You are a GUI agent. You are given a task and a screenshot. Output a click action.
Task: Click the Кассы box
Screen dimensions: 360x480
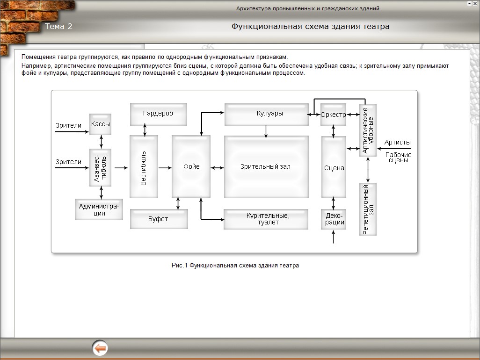click(x=101, y=124)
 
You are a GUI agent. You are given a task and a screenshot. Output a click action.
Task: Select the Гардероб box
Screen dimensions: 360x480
click(x=158, y=114)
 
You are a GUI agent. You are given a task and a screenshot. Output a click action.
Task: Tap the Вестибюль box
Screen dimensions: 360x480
click(x=144, y=167)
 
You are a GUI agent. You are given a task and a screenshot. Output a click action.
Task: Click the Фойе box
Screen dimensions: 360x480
click(x=191, y=166)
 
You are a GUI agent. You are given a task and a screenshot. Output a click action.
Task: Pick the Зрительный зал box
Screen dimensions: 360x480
click(x=266, y=166)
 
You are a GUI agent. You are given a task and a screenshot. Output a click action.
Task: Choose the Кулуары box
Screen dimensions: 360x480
click(x=266, y=114)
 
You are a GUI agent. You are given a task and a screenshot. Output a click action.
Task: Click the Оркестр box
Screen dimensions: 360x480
click(x=333, y=115)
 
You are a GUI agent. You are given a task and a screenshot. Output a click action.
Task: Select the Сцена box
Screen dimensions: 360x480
click(x=334, y=167)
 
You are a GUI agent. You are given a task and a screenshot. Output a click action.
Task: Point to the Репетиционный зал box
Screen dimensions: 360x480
click(x=368, y=209)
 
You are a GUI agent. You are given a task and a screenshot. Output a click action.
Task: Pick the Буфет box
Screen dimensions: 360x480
click(x=159, y=219)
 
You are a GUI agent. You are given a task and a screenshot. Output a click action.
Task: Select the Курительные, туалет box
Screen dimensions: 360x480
click(x=266, y=219)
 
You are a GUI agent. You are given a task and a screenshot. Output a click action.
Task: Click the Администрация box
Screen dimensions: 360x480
click(x=99, y=209)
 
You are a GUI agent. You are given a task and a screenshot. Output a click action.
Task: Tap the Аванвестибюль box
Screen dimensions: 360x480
click(x=101, y=167)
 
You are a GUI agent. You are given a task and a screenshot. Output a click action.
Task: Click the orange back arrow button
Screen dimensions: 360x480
click(x=100, y=348)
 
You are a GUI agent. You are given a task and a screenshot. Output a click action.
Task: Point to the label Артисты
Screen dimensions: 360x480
click(x=397, y=142)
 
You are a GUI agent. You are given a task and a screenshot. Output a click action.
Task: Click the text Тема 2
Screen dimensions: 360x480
click(x=58, y=26)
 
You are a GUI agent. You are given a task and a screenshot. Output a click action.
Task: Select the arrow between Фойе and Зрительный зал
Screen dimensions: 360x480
click(x=217, y=167)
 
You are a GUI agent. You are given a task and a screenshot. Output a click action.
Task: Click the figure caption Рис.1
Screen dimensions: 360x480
click(x=235, y=265)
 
